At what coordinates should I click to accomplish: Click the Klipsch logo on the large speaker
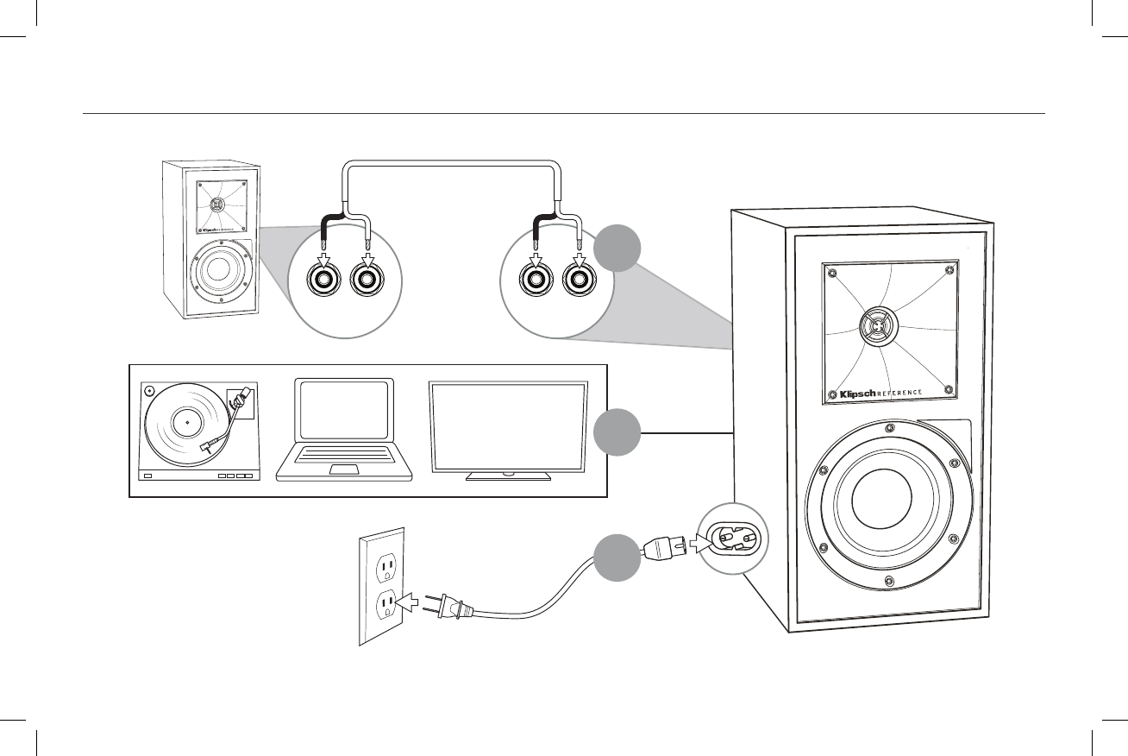coord(850,394)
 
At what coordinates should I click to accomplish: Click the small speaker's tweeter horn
coord(216,205)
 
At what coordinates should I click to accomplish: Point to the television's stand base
coord(508,475)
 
